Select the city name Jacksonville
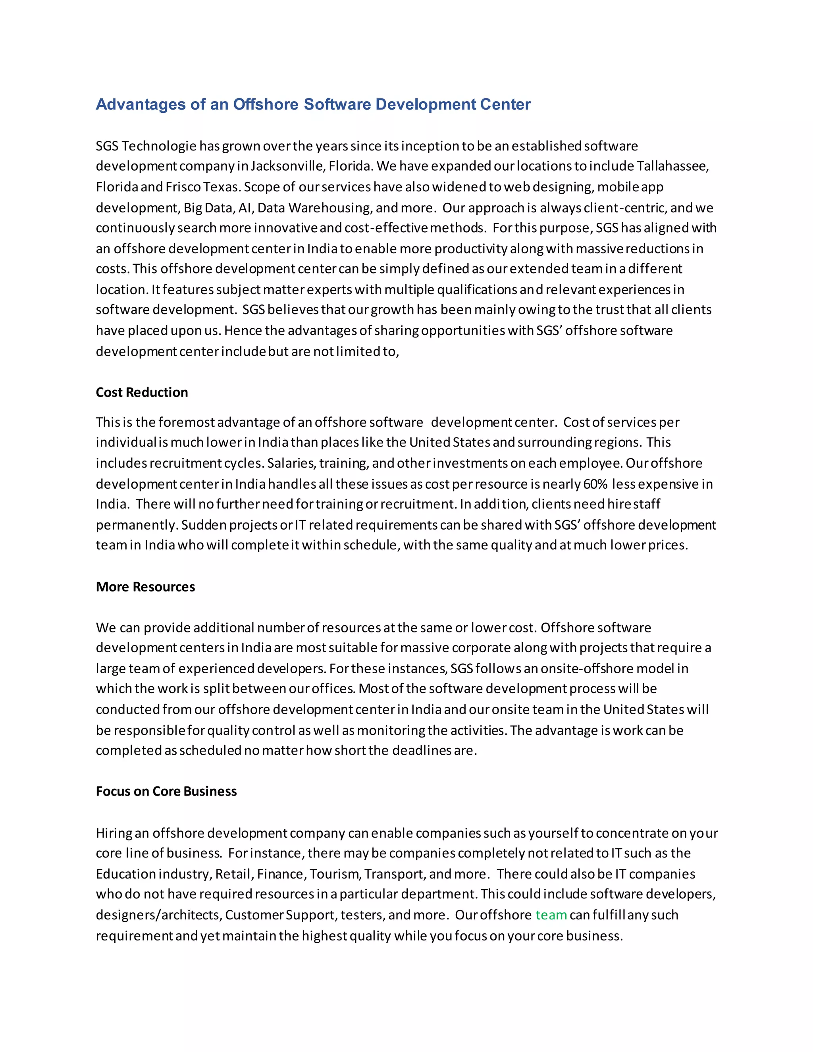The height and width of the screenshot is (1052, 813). [x=287, y=166]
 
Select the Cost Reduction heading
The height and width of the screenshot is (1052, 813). [x=142, y=393]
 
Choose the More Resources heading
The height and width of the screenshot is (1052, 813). [x=145, y=587]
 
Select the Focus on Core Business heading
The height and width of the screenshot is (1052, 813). [x=166, y=792]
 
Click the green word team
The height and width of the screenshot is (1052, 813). [x=551, y=915]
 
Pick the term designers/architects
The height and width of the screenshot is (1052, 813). [x=158, y=915]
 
